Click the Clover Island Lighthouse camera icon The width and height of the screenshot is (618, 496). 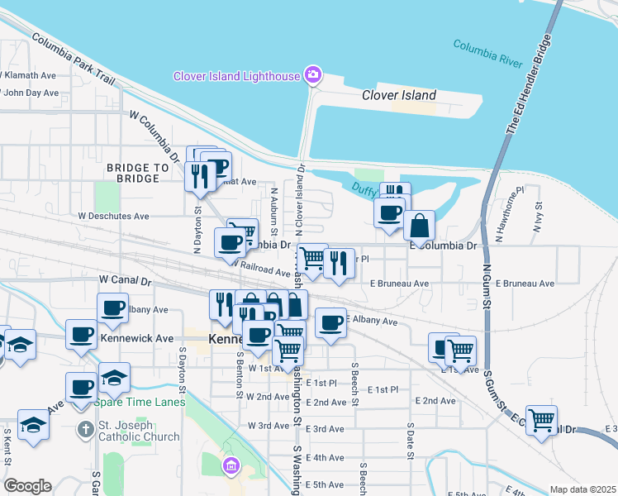coord(312,76)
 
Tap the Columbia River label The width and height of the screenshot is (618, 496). coord(492,51)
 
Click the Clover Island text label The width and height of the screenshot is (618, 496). coord(399,95)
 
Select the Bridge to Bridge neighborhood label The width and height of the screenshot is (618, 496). coord(137,173)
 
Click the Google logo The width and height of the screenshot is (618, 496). coord(27,485)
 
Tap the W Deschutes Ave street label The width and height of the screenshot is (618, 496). coord(113,216)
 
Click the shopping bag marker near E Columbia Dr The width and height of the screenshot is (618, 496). coord(419,225)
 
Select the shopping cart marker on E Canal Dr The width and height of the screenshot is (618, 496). coord(541,419)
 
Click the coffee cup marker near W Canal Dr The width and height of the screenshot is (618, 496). coord(113,308)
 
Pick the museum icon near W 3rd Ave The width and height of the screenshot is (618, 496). coord(230,467)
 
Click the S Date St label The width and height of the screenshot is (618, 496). coord(410,438)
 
